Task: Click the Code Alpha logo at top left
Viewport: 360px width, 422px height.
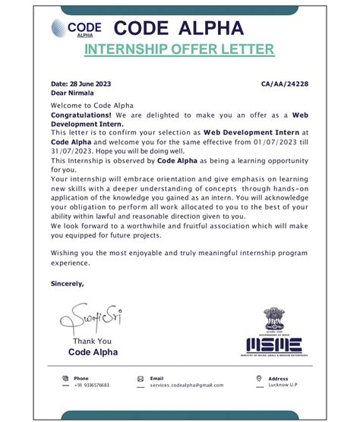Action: pyautogui.click(x=77, y=29)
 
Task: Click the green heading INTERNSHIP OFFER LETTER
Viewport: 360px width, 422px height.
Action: pyautogui.click(x=179, y=50)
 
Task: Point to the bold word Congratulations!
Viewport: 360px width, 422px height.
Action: pyautogui.click(x=81, y=115)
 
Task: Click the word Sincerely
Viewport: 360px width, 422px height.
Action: pyautogui.click(x=67, y=283)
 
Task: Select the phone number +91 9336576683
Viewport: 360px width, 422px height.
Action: pyautogui.click(x=92, y=385)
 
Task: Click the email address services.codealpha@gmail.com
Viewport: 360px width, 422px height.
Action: pyautogui.click(x=181, y=385)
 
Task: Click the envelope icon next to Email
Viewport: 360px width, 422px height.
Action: pyautogui.click(x=141, y=378)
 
